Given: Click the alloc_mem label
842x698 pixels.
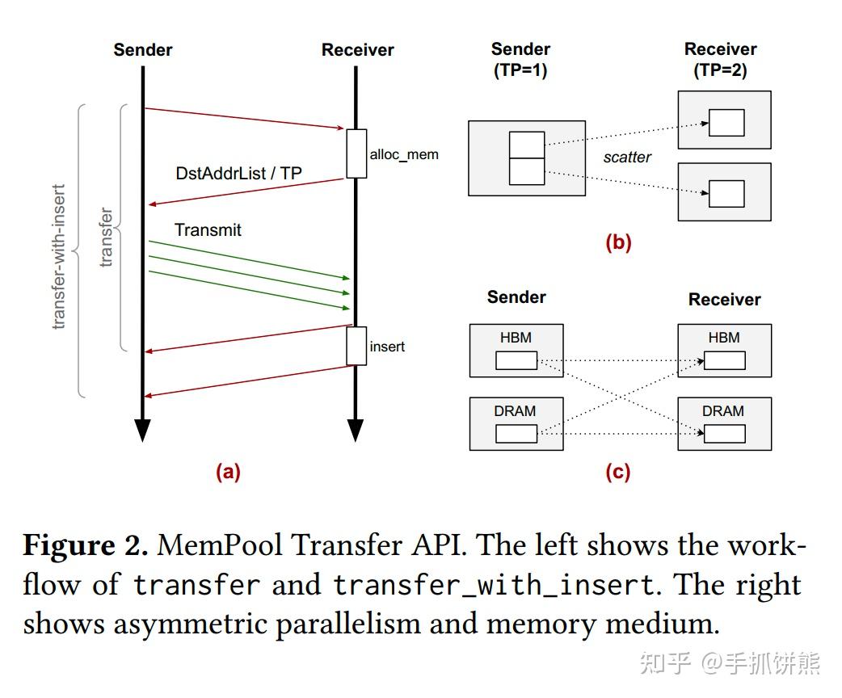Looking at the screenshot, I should point(404,154).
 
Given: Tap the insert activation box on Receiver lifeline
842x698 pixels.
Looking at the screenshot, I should point(356,346).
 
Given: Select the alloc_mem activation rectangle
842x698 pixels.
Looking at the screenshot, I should point(356,153).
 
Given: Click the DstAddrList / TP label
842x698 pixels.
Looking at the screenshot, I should point(239,174).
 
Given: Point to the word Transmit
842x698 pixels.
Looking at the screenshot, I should point(208,230).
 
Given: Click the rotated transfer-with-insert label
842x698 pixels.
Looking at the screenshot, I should point(58,257).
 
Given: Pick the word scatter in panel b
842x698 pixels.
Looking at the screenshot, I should point(627,158).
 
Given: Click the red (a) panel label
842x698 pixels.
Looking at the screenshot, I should point(228,473).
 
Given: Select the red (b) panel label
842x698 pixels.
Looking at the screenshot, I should point(618,242).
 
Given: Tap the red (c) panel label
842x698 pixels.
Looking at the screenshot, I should point(618,473).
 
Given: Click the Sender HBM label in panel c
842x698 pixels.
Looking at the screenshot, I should point(516,338).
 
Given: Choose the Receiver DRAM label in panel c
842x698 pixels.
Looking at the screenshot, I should point(722,411).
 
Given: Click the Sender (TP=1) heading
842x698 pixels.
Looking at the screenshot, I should point(520,60).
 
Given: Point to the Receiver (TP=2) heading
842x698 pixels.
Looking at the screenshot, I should point(720,60).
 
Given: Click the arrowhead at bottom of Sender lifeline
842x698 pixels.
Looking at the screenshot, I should point(142,430).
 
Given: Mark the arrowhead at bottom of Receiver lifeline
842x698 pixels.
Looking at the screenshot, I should point(356,430).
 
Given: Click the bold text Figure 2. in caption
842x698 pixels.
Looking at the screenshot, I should point(85,546).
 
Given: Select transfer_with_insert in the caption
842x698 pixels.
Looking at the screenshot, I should point(493,585).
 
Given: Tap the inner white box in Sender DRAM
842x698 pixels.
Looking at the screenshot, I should point(516,434).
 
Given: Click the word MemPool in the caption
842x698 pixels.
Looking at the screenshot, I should point(220,546).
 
